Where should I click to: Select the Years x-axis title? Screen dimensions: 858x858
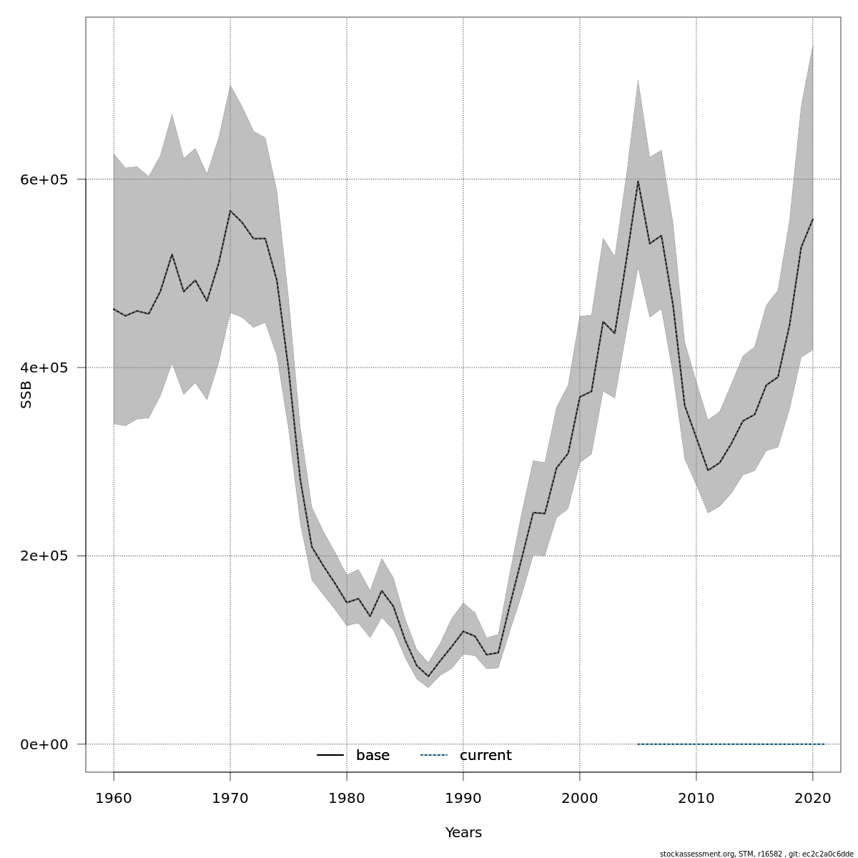463,833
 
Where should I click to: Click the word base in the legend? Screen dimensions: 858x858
373,756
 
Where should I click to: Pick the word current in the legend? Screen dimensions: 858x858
485,756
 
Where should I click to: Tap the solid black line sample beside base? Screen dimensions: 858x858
330,756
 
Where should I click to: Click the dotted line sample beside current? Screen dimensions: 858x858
433,756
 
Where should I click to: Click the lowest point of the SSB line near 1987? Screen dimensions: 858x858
428,676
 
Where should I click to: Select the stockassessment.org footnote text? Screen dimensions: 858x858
756,854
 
